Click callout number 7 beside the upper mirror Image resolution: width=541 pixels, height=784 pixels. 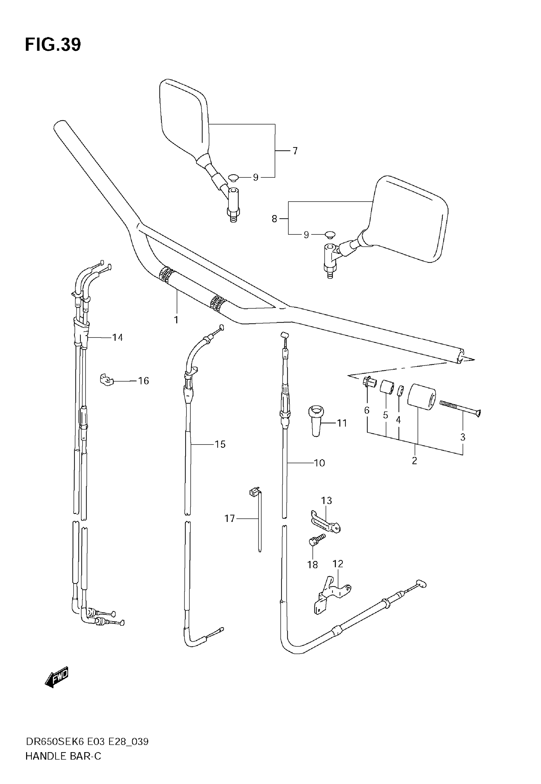pos(295,151)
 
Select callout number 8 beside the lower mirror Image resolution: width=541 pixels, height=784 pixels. pos(274,219)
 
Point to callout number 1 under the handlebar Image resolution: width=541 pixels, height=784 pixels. pos(176,320)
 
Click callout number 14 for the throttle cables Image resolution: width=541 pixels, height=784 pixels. pos(117,338)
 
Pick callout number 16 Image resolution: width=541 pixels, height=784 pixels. pos(144,381)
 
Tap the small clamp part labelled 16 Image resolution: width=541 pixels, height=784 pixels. pos(106,380)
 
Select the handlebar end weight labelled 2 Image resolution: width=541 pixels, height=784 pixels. pos(421,396)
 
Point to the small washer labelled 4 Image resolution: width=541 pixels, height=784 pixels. pos(400,391)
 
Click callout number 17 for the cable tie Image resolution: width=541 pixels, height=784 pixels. pos(229,518)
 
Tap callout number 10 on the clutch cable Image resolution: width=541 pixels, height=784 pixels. pos(319,463)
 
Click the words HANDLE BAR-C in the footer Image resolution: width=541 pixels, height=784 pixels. pos(63,756)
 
